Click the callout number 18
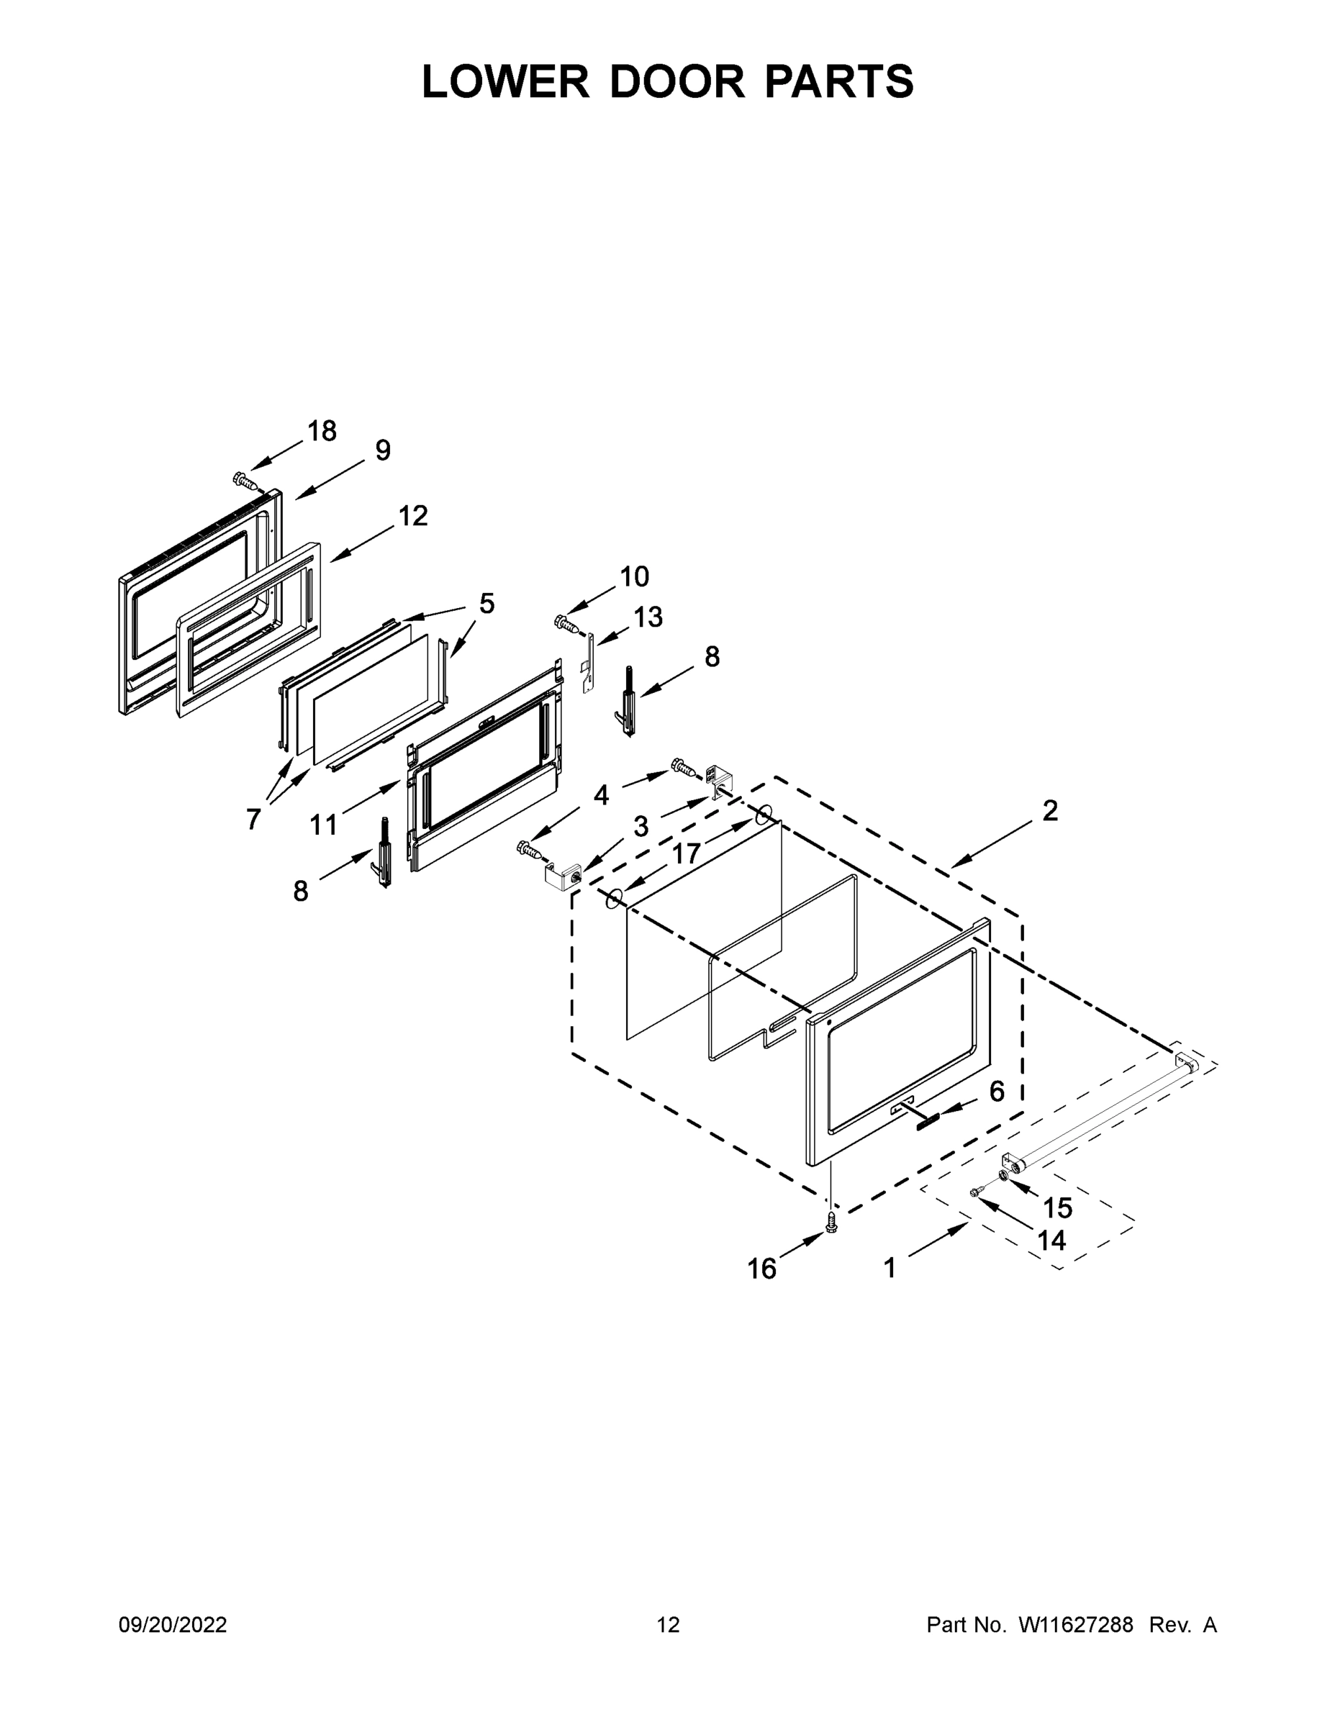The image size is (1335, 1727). coord(322,431)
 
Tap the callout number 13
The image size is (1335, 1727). coord(648,617)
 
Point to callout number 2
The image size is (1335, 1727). coord(1049,810)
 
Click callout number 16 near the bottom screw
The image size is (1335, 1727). coord(761,1269)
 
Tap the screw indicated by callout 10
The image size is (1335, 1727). coord(567,624)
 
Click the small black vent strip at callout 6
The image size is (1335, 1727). coord(931,1121)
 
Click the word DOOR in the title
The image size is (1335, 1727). coord(676,81)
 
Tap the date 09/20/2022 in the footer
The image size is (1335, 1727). coord(173,1625)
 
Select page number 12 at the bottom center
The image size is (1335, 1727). coord(669,1625)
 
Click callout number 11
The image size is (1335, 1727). coord(322,825)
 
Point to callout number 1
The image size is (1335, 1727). coord(890,1268)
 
